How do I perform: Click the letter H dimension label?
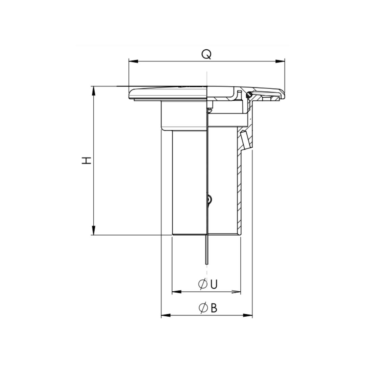pyautogui.click(x=87, y=161)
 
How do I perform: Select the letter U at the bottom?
pyautogui.click(x=214, y=284)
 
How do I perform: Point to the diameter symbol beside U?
pyautogui.click(x=203, y=284)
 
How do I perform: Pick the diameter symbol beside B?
pyautogui.click(x=203, y=308)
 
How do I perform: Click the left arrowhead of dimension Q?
pyautogui.click(x=133, y=61)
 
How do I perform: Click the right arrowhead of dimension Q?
pyautogui.click(x=280, y=61)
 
